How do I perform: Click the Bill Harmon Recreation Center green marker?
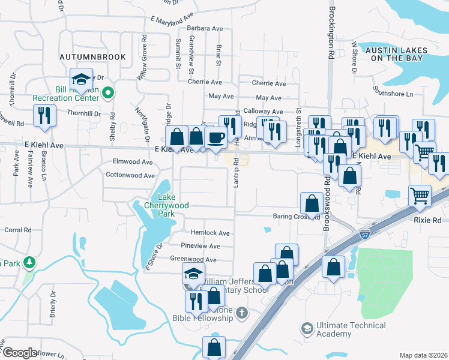108,92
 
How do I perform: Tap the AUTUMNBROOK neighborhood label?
92,57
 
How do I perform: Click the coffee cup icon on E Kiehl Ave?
216,137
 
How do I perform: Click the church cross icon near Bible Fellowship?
241,312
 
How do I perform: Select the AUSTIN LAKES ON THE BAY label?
397,54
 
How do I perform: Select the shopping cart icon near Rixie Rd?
420,195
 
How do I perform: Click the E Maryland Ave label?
174,21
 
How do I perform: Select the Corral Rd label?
17,230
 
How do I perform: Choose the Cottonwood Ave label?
131,175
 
